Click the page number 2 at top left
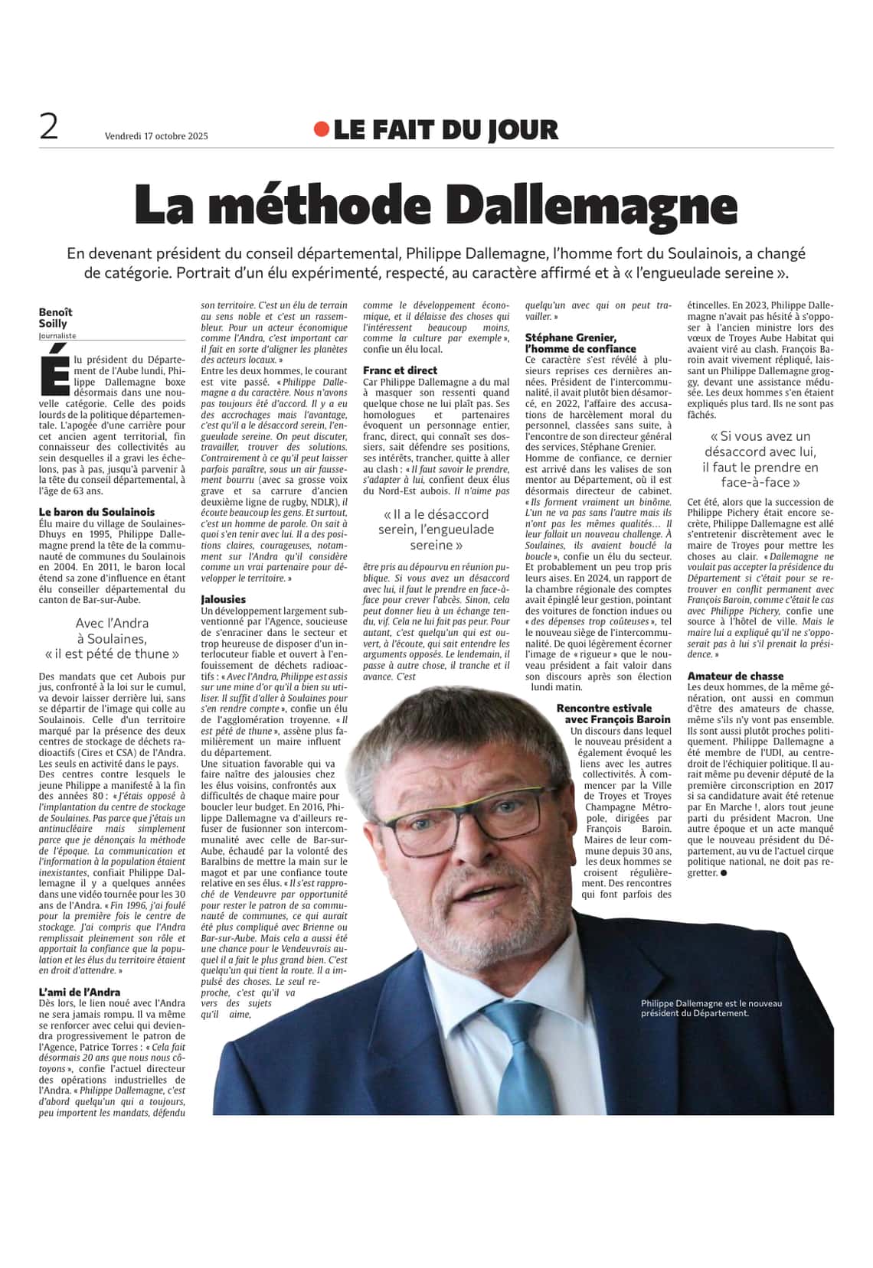coord(49,126)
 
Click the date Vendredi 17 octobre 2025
coord(156,136)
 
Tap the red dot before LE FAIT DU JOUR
coord(321,130)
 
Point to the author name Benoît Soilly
coord(56,318)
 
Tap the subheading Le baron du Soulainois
coord(96,512)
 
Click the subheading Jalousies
coord(223,599)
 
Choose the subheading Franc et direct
coord(400,370)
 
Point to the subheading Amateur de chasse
coord(735,676)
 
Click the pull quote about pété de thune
coord(112,639)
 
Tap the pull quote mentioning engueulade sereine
coord(436,530)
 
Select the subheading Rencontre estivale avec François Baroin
coord(615,713)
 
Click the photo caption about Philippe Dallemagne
coord(711,1008)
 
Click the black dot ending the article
coord(723,872)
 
